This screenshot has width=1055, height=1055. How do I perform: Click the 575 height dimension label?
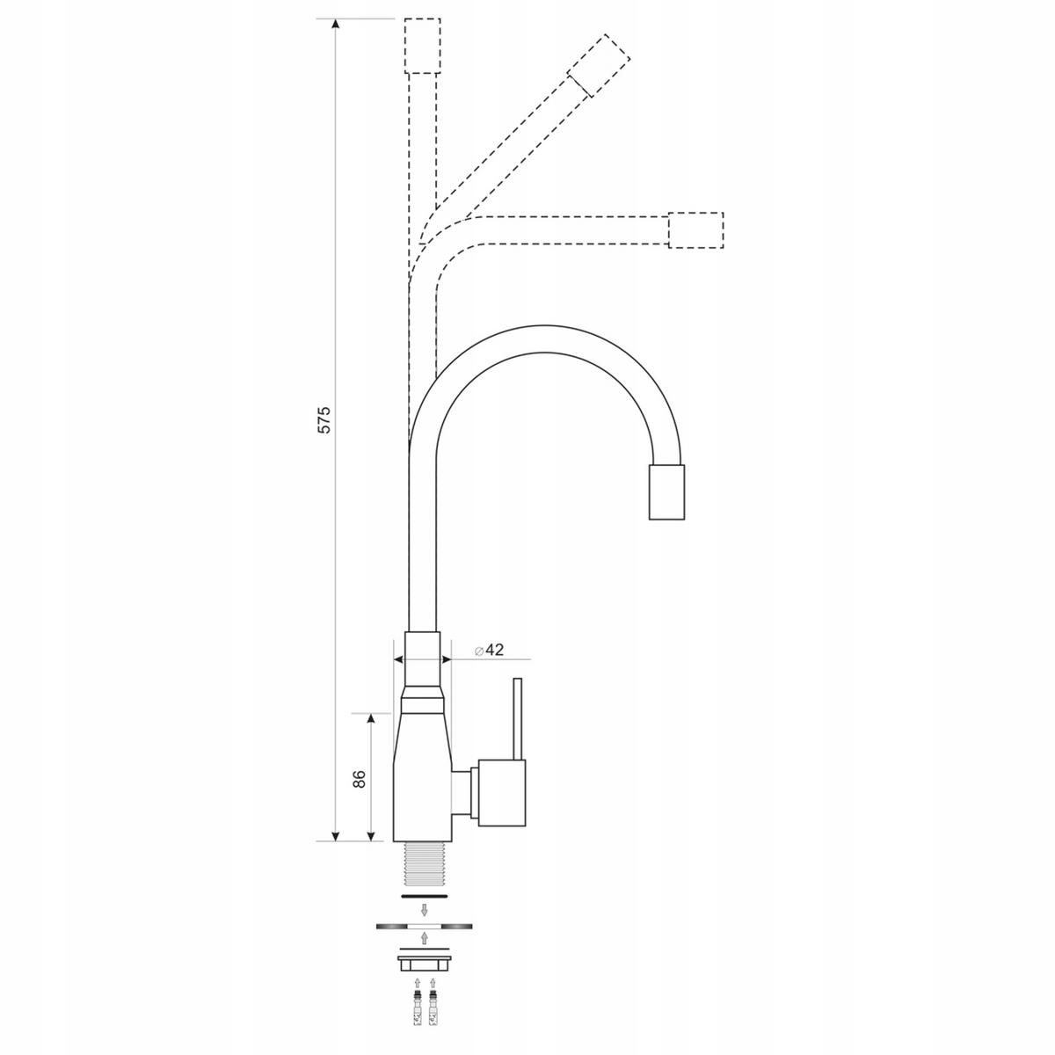pos(324,419)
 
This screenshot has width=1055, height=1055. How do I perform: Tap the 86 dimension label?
pos(358,778)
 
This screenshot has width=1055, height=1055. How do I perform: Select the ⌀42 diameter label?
pos(488,651)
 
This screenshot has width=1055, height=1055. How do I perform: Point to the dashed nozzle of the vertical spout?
pos(421,47)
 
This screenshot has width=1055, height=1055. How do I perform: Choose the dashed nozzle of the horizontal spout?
pos(696,229)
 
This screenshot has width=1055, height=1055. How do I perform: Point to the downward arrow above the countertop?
pos(424,910)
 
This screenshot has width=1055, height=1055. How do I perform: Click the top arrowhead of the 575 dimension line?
pos(335,25)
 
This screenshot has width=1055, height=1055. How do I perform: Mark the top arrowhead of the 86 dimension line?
pos(371,719)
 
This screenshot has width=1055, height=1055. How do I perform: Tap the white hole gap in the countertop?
pos(424,927)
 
